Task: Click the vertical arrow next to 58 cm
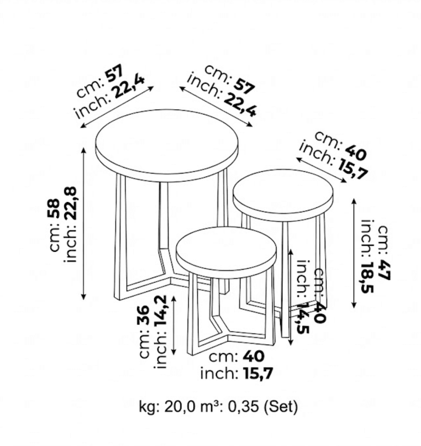pos(84,223)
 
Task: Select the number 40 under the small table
pos(253,356)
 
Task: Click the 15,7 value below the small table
pos(258,373)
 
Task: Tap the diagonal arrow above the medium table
pos(321,171)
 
